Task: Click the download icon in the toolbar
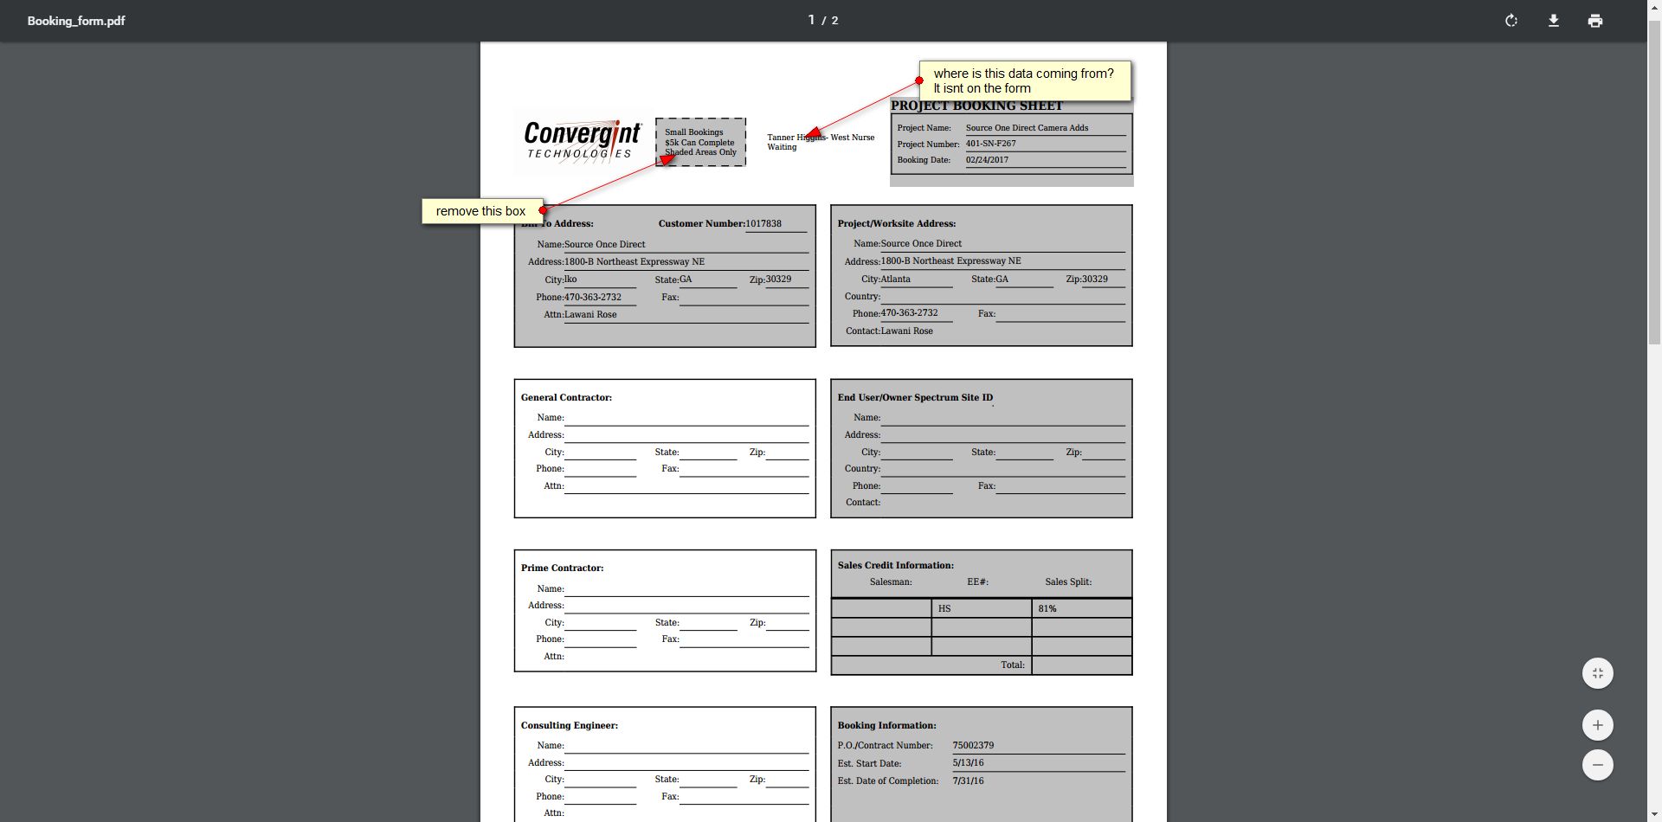coord(1554,21)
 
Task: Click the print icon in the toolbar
coord(1595,21)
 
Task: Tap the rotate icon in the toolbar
coord(1511,21)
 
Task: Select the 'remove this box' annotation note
coord(481,211)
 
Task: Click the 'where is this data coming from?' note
coord(1024,80)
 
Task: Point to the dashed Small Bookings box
coord(700,142)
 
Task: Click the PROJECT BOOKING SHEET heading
coord(976,106)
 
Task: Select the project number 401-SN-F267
coord(991,144)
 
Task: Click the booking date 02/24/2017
coord(987,160)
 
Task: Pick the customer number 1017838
coord(763,223)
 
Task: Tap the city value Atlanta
coord(895,279)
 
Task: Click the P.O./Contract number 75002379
coord(973,745)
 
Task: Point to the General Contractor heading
coord(566,398)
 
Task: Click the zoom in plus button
coord(1597,725)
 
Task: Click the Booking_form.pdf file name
coord(76,21)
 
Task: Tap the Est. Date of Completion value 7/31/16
coord(968,780)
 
